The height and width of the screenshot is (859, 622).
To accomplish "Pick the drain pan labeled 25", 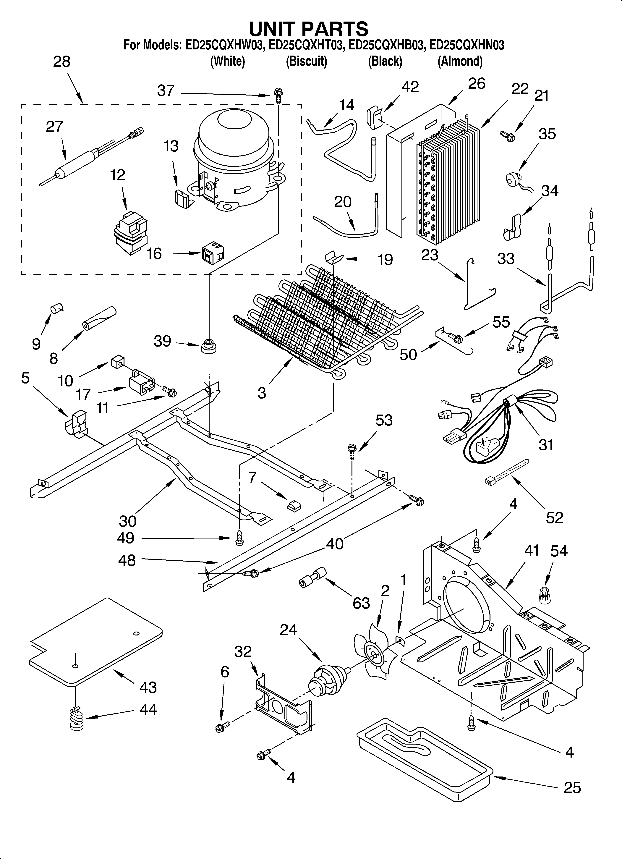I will click(424, 758).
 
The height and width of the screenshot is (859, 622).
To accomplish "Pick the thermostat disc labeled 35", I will click(514, 178).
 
